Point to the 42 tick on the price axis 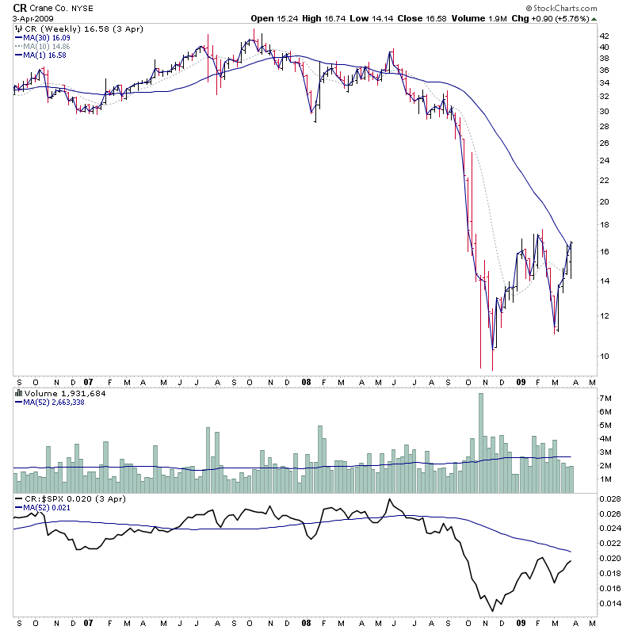coord(604,36)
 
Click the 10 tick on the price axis coord(604,356)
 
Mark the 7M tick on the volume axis coord(605,398)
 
